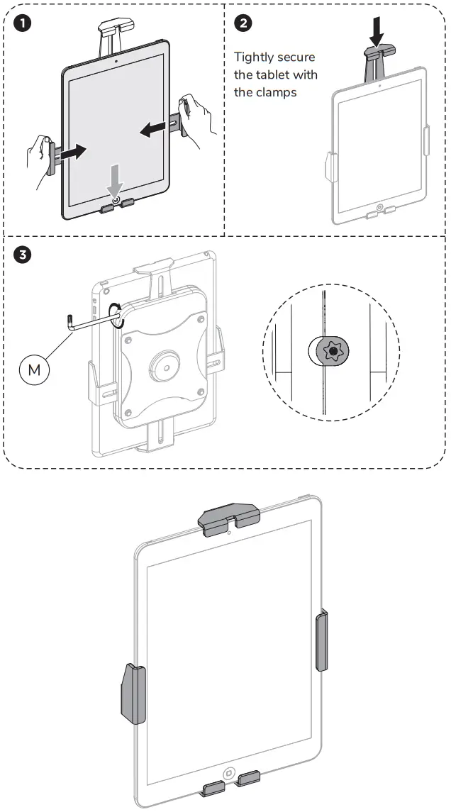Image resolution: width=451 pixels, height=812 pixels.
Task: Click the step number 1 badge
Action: [23, 23]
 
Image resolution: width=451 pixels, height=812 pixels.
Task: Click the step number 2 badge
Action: [243, 23]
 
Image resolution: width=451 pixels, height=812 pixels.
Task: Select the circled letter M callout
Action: [34, 370]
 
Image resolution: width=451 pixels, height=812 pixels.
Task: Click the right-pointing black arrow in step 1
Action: [72, 152]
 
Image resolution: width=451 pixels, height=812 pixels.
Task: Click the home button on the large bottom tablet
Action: [228, 773]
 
